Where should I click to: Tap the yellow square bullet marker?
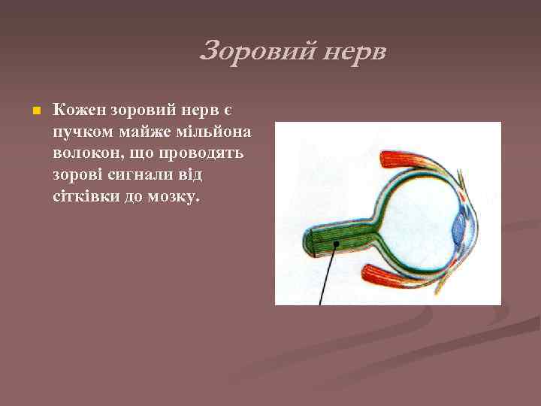click(x=27, y=111)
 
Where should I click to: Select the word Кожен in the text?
click(x=79, y=110)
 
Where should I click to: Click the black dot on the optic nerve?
click(x=337, y=244)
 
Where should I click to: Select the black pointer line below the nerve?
click(x=328, y=278)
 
